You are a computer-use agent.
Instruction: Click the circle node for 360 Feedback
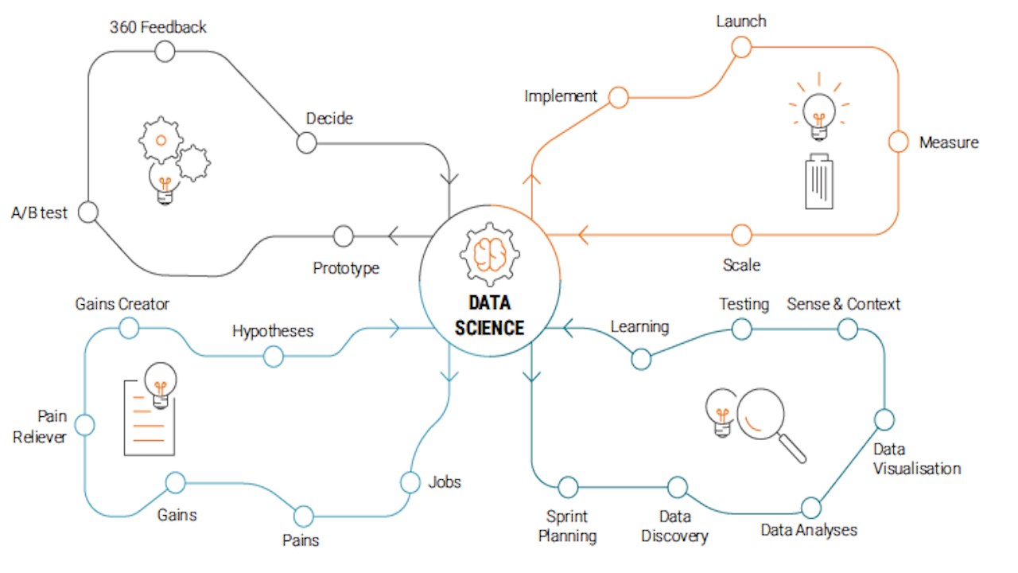(x=164, y=52)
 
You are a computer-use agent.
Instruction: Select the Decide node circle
(x=306, y=143)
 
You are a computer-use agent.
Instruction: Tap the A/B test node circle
(x=88, y=212)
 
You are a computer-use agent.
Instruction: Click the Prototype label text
(x=346, y=268)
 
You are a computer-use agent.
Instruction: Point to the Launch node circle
(x=741, y=47)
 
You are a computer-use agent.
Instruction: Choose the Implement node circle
(x=618, y=97)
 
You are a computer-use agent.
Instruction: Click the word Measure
(x=949, y=143)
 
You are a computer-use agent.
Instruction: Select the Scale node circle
(x=741, y=235)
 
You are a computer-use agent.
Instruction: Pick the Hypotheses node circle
(x=273, y=357)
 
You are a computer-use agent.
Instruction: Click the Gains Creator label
(x=122, y=304)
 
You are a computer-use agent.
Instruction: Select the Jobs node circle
(x=410, y=482)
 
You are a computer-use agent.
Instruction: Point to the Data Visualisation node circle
(x=884, y=419)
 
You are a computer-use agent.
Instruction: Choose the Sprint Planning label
(x=567, y=526)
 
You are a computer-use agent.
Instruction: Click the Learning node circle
(x=641, y=360)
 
